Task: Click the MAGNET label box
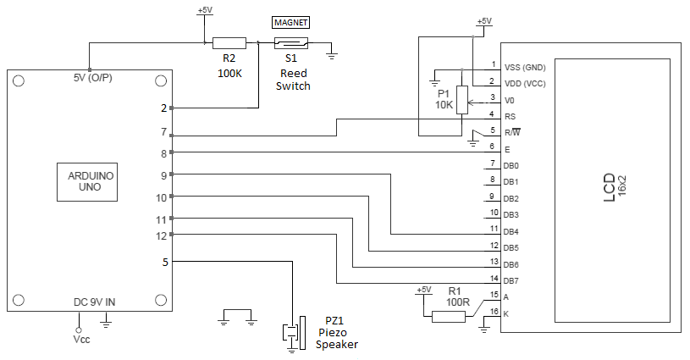coord(290,22)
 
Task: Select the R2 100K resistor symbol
coord(229,43)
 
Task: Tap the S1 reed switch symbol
coord(290,43)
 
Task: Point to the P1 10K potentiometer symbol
coord(461,100)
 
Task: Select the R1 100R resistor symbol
coord(449,317)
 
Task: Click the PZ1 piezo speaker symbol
coord(293,331)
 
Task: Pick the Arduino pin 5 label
coord(164,262)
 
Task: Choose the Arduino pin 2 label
coord(164,108)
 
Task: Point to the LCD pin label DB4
coord(511,231)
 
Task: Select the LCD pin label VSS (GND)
coord(525,67)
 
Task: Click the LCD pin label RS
coord(509,116)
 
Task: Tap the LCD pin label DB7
coord(511,280)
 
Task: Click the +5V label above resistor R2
coord(204,11)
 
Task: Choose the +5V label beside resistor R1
coord(423,290)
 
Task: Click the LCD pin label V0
coord(509,100)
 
